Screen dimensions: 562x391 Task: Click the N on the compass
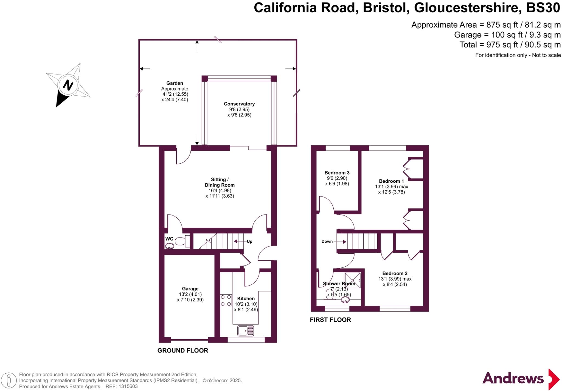(x=68, y=85)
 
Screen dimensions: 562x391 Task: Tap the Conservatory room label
(x=239, y=104)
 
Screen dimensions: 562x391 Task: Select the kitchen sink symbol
(x=246, y=331)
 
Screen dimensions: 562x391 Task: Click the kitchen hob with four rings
(x=226, y=300)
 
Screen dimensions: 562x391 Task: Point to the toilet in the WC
(x=181, y=241)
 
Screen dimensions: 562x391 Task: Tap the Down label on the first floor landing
(x=327, y=241)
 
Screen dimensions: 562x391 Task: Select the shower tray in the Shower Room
(x=353, y=280)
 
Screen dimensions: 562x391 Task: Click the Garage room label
(x=190, y=289)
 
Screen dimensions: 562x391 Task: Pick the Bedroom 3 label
(x=337, y=173)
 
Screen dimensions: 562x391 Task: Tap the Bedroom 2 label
(x=395, y=273)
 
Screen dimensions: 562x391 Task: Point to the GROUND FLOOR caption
(x=182, y=350)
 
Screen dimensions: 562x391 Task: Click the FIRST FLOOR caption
(x=330, y=320)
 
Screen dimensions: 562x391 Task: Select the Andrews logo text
(x=513, y=378)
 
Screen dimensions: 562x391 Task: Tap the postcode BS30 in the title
(x=543, y=8)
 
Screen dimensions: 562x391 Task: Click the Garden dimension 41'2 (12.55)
(x=175, y=94)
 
